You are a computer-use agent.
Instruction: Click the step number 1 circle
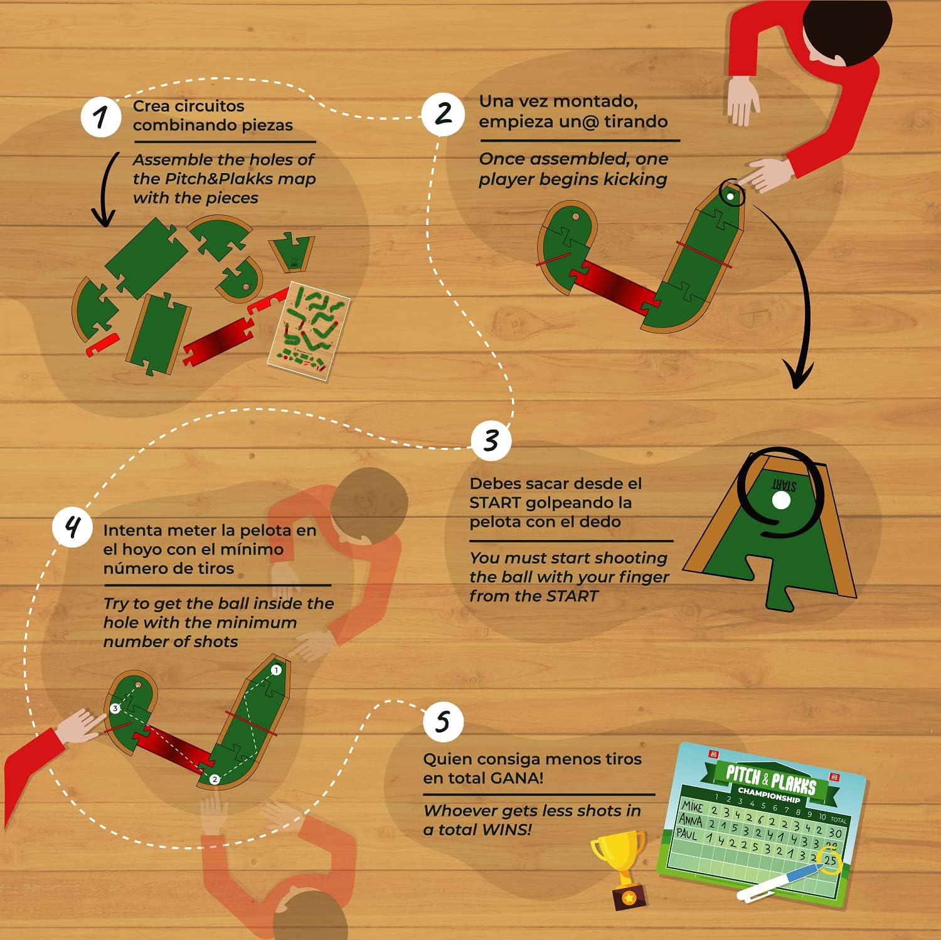(x=100, y=117)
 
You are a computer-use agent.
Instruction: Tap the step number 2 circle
(x=443, y=114)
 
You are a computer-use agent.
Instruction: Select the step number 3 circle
(x=491, y=441)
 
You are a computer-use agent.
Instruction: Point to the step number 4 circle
(x=73, y=527)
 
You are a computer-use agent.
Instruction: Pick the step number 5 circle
(x=443, y=721)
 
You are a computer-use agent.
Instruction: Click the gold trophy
(x=621, y=865)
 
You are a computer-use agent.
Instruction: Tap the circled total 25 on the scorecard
(x=830, y=860)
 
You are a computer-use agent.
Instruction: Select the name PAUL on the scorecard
(x=687, y=834)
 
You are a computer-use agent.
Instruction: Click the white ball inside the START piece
(x=781, y=500)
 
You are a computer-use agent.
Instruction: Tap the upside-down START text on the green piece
(x=784, y=485)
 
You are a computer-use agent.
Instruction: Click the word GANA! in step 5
(x=516, y=778)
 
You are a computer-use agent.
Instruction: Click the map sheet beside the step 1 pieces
(x=309, y=330)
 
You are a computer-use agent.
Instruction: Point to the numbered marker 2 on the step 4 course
(x=215, y=779)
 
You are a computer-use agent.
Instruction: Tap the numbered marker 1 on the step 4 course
(x=275, y=670)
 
